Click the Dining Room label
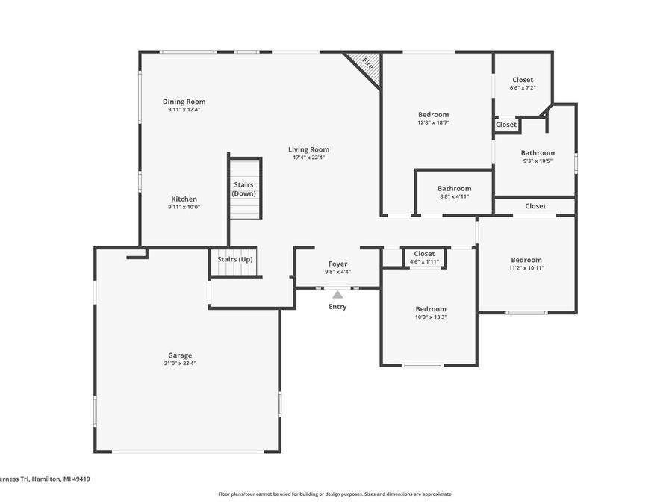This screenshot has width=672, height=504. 184,102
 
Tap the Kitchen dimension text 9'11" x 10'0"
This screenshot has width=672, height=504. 184,207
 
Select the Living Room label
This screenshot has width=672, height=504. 308,149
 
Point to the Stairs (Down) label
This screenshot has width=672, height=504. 244,189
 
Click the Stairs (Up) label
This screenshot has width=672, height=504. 235,259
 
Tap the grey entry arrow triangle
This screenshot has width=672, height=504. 337,294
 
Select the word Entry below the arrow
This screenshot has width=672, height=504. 337,307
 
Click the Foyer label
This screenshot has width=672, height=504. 337,264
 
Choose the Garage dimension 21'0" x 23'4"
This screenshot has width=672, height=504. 180,364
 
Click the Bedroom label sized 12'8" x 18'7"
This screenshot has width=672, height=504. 434,114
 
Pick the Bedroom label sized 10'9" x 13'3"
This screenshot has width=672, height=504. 431,309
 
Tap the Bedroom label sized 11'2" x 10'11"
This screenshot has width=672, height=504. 526,260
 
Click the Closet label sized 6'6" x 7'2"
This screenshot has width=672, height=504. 523,80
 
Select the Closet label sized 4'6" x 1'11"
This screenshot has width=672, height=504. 424,254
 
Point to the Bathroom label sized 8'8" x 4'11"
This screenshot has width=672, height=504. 454,189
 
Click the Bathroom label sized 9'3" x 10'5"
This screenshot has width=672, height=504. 538,153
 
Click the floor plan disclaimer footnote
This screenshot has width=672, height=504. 335,494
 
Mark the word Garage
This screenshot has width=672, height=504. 180,355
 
